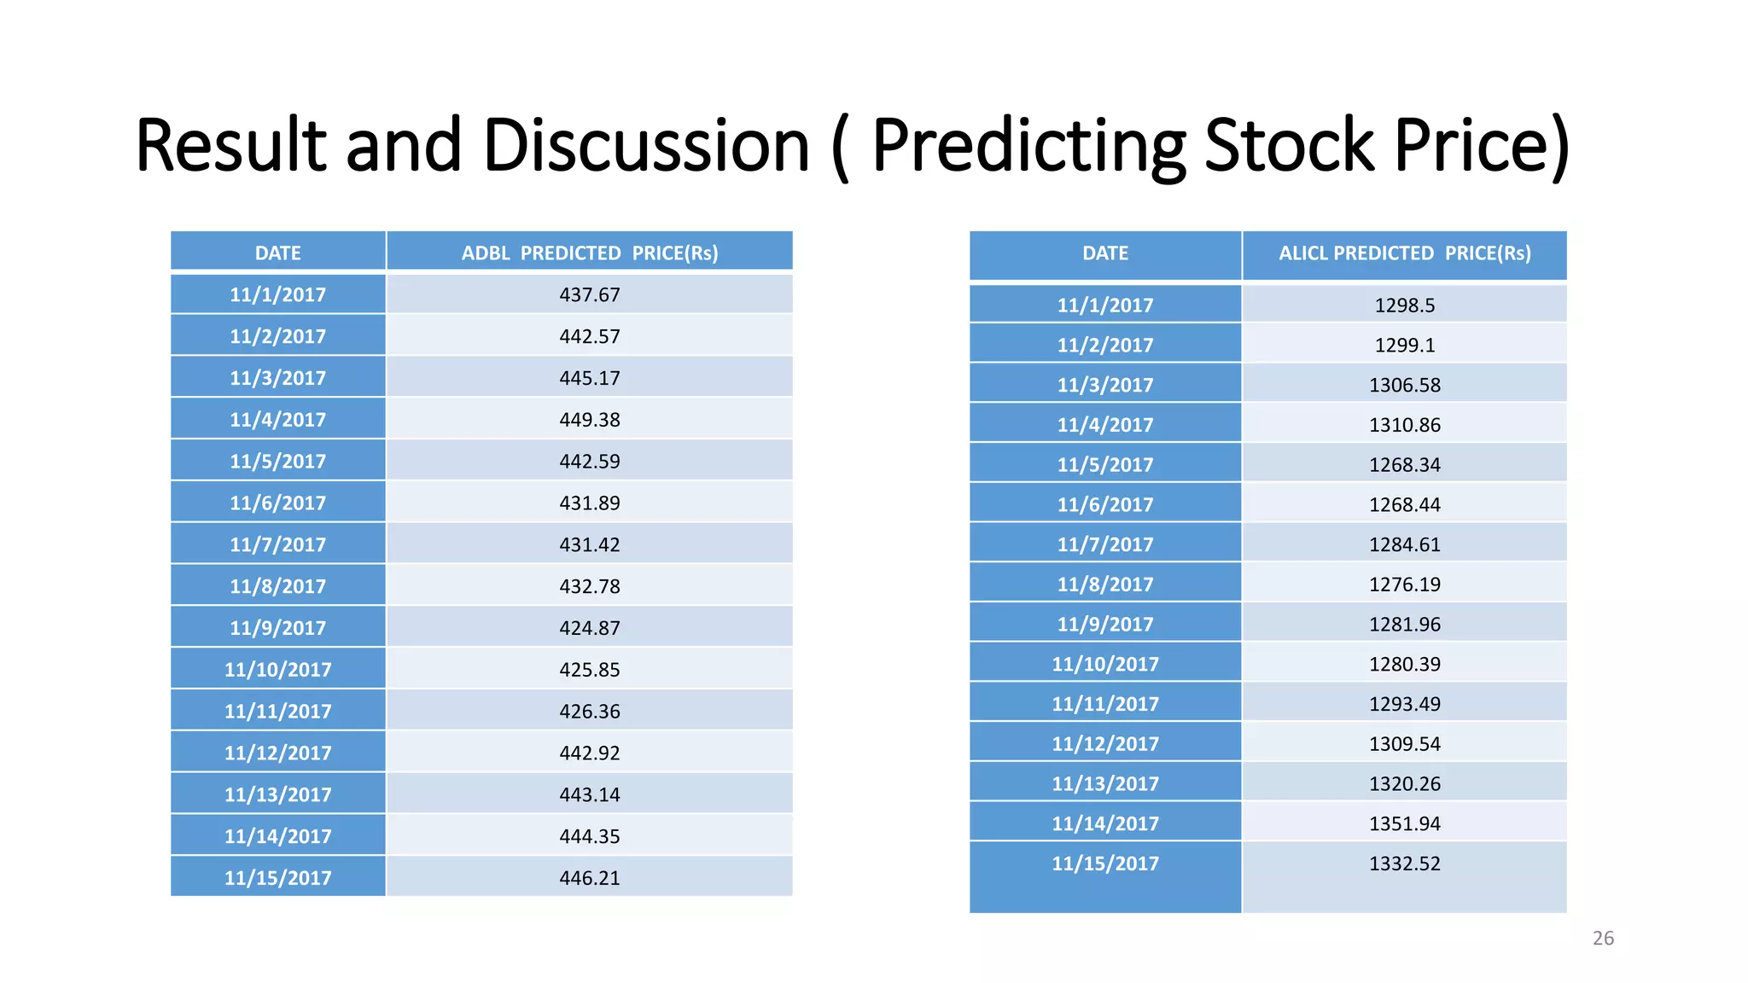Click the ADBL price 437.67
[x=589, y=295]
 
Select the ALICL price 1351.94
[x=1404, y=824]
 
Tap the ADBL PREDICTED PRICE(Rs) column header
[x=589, y=253]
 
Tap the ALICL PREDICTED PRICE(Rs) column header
[x=1404, y=253]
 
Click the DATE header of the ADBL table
[x=277, y=253]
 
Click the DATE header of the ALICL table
[x=1104, y=253]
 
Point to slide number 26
[x=1603, y=939]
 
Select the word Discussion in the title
[x=646, y=145]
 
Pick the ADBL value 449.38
[x=589, y=420]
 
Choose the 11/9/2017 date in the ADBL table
[x=277, y=628]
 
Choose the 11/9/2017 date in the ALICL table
[x=1104, y=625]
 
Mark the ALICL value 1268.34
[x=1404, y=465]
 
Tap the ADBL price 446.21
[x=589, y=878]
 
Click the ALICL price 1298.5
[x=1404, y=305]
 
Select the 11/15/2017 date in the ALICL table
[x=1104, y=864]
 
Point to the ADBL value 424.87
[x=589, y=628]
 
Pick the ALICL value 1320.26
[x=1404, y=784]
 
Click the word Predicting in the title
[x=1028, y=145]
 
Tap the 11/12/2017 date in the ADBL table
[x=277, y=753]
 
